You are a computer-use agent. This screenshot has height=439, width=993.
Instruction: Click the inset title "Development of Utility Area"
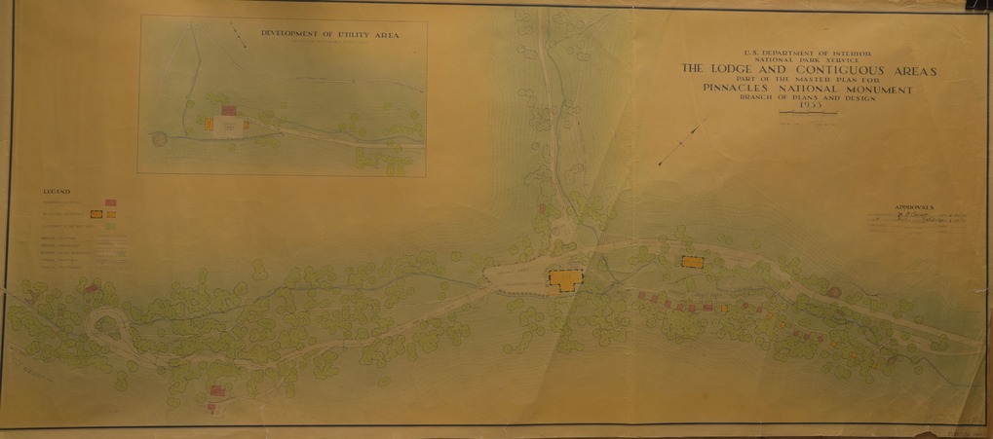(329, 34)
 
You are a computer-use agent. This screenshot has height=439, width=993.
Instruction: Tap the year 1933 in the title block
(808, 106)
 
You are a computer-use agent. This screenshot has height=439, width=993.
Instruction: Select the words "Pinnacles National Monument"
(808, 90)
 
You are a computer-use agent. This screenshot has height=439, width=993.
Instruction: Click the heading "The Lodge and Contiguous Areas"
(808, 70)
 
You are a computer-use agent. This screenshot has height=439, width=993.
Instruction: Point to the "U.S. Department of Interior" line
(808, 50)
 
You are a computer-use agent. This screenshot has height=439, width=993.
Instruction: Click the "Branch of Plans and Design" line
(808, 98)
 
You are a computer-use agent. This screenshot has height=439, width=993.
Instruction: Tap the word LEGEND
(56, 192)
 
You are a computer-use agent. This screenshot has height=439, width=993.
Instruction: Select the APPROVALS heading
(912, 207)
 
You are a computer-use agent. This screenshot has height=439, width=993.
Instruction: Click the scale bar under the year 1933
(808, 119)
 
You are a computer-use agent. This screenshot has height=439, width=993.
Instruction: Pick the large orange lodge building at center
(564, 279)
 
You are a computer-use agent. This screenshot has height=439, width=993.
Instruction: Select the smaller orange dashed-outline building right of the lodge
(692, 261)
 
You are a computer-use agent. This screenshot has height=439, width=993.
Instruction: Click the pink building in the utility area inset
(230, 112)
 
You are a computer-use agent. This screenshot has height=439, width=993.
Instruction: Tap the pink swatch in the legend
(110, 202)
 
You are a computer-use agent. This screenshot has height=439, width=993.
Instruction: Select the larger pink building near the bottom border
(217, 390)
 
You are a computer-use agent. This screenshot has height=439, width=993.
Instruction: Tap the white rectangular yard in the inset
(226, 127)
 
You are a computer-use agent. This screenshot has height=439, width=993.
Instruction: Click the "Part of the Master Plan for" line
(808, 80)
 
